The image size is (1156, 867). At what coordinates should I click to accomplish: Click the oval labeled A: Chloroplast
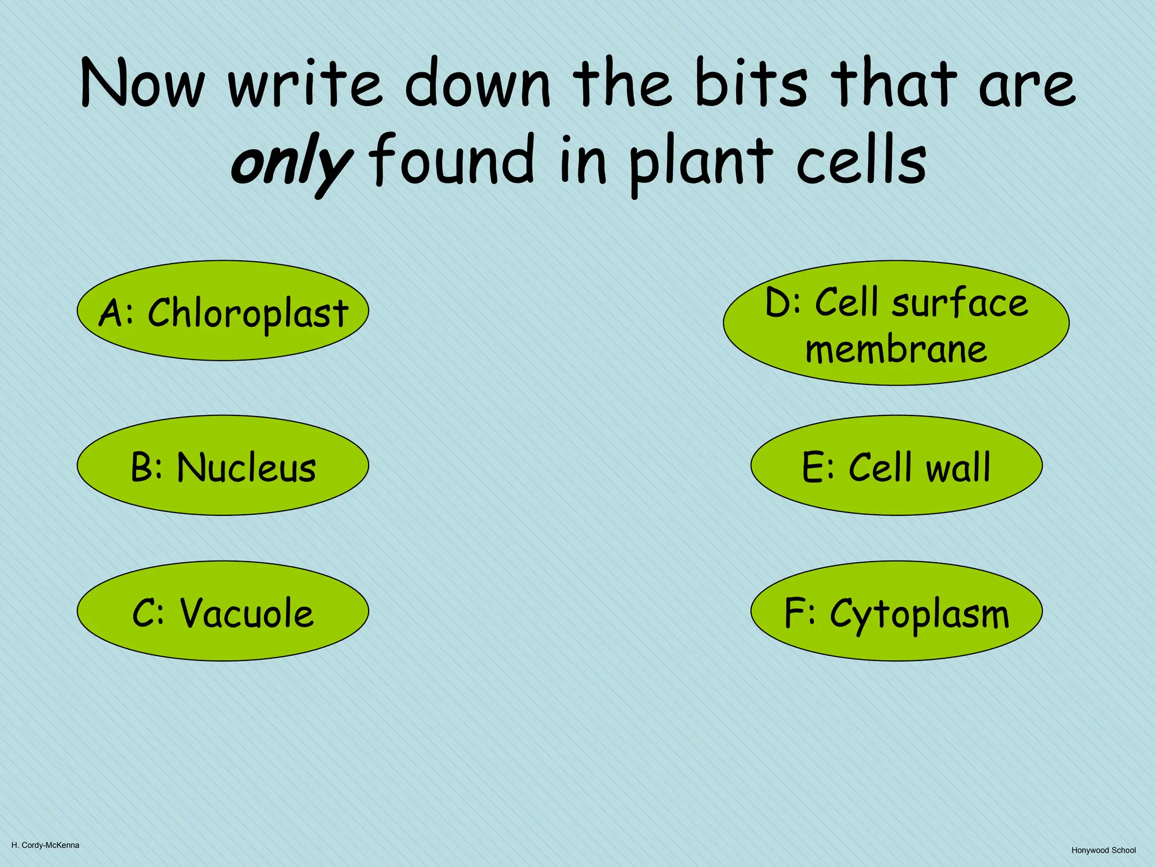point(222,310)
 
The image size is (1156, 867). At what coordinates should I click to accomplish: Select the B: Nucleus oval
point(222,466)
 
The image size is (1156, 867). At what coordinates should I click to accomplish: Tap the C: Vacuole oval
point(222,611)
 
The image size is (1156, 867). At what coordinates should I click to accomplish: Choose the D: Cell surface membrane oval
point(896,323)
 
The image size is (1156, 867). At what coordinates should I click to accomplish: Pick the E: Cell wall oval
point(896,466)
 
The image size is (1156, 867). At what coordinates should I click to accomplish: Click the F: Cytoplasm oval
point(896,611)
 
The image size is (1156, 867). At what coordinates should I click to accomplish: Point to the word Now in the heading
point(142,83)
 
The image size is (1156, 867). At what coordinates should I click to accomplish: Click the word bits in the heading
point(751,83)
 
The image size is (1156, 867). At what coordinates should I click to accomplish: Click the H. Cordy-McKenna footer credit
point(45,846)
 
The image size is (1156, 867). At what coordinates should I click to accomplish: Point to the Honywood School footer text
point(1104,850)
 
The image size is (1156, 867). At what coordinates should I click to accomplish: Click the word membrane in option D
point(896,349)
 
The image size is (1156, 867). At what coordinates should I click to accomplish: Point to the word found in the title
point(452,161)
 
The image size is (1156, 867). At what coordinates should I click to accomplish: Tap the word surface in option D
point(960,303)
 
